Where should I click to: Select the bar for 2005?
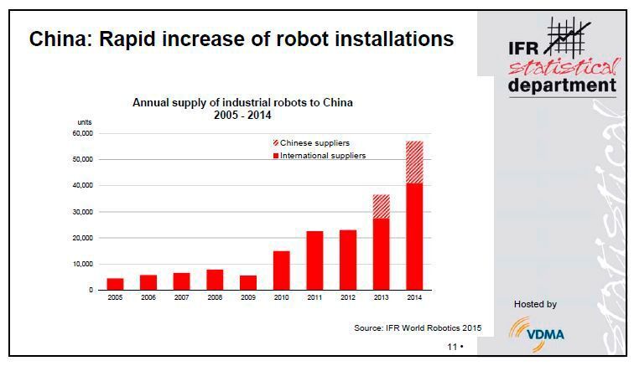pos(116,284)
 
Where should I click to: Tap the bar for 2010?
pos(282,271)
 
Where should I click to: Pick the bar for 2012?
pos(348,260)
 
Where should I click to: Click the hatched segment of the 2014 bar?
pos(414,162)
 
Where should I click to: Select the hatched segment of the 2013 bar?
pos(381,207)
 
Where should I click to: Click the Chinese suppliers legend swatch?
pos(274,143)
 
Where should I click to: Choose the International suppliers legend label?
pos(323,156)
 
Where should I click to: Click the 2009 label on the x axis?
pos(248,298)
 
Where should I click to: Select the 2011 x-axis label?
pos(314,298)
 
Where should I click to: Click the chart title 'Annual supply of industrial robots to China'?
pos(243,103)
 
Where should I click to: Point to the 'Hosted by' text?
pos(534,304)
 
